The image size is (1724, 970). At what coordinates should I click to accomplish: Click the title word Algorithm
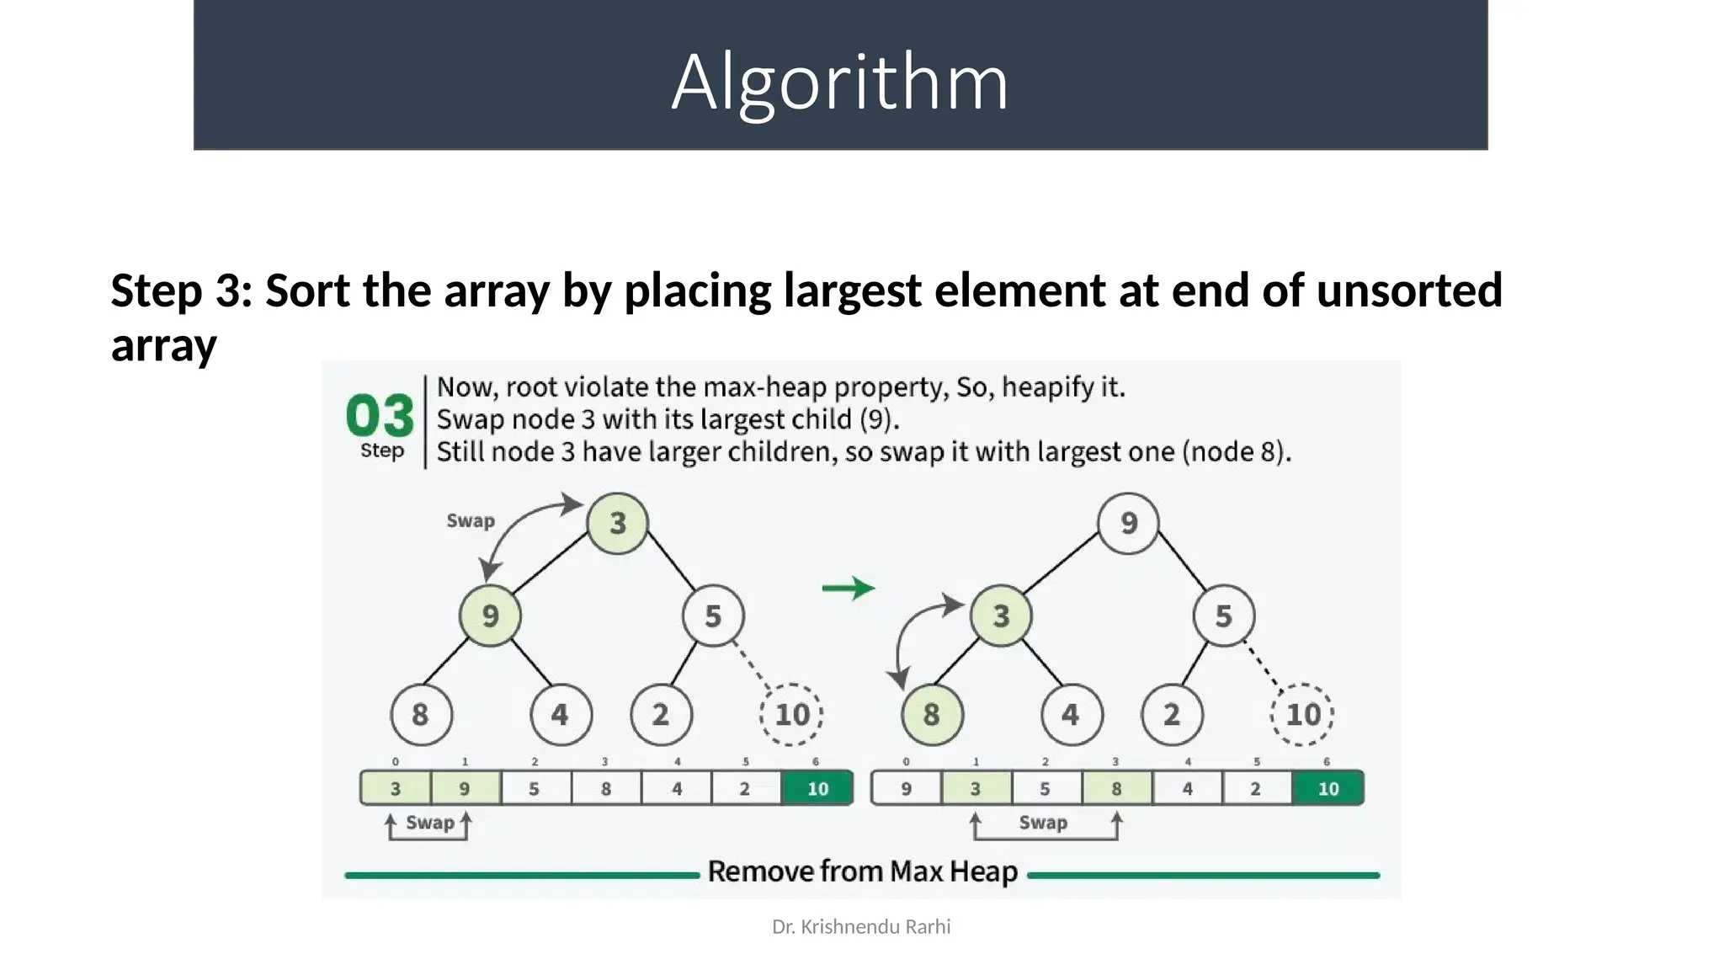click(x=839, y=82)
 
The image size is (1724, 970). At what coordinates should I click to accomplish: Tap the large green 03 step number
click(x=380, y=416)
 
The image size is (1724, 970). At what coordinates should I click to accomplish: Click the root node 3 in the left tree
click(x=617, y=523)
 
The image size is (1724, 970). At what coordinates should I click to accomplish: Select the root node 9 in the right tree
click(x=1128, y=523)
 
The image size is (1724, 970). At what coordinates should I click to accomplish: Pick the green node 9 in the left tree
click(x=490, y=616)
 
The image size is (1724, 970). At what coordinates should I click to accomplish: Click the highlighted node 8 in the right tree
click(x=931, y=715)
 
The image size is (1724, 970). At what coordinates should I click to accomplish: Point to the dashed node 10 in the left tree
click(x=791, y=715)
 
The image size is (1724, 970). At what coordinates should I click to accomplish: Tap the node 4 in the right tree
click(x=1071, y=715)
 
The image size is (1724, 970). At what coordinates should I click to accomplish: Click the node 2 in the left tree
click(x=661, y=715)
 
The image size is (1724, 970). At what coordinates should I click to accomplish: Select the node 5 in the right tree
click(x=1223, y=616)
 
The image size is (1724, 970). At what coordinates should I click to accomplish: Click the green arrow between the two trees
click(x=848, y=588)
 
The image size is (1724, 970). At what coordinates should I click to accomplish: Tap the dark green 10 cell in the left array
click(x=817, y=789)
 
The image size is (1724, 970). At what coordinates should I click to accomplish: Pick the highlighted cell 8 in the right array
click(x=1116, y=789)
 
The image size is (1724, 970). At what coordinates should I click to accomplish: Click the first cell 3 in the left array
click(x=395, y=789)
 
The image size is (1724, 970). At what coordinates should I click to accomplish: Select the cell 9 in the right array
click(x=906, y=789)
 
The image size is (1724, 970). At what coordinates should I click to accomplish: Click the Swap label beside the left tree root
click(x=471, y=520)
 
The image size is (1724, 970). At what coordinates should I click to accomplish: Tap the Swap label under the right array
click(x=1043, y=823)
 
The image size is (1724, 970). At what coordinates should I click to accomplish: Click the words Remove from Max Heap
click(x=862, y=871)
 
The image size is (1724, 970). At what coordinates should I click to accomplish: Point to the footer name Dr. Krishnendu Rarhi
click(x=861, y=927)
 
